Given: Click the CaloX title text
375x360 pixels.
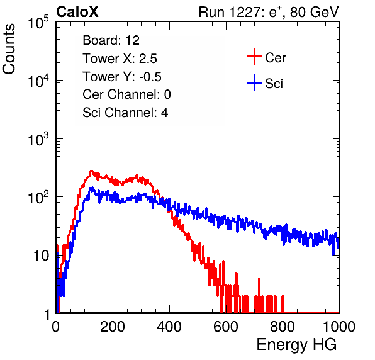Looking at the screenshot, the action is [77, 12].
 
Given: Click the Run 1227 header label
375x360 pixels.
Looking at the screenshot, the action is [230, 12].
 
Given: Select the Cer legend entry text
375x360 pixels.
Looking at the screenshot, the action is [275, 58].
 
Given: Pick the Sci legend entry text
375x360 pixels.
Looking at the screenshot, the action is [274, 84].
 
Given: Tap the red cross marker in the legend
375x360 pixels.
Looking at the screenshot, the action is [254, 57].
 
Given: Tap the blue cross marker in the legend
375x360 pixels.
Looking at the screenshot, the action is [254, 82].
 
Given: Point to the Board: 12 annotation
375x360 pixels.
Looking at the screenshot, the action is [111, 40].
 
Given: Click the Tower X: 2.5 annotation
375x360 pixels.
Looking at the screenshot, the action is [120, 59].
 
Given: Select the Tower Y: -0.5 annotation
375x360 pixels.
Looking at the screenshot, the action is [122, 77].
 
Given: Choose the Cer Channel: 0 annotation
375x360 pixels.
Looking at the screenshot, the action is [126, 94].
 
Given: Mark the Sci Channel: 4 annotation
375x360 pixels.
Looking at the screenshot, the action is [125, 113].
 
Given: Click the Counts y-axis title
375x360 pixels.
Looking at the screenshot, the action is [9, 49].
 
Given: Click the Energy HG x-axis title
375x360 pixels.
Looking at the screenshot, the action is [296, 345].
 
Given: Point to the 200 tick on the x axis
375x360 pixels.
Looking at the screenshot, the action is [113, 327].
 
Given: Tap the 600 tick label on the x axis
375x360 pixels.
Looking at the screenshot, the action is [226, 327].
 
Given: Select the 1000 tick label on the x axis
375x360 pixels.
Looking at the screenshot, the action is [339, 327].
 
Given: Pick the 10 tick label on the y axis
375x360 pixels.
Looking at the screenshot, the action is [42, 256].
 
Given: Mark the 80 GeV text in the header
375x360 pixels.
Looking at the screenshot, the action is [314, 12].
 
